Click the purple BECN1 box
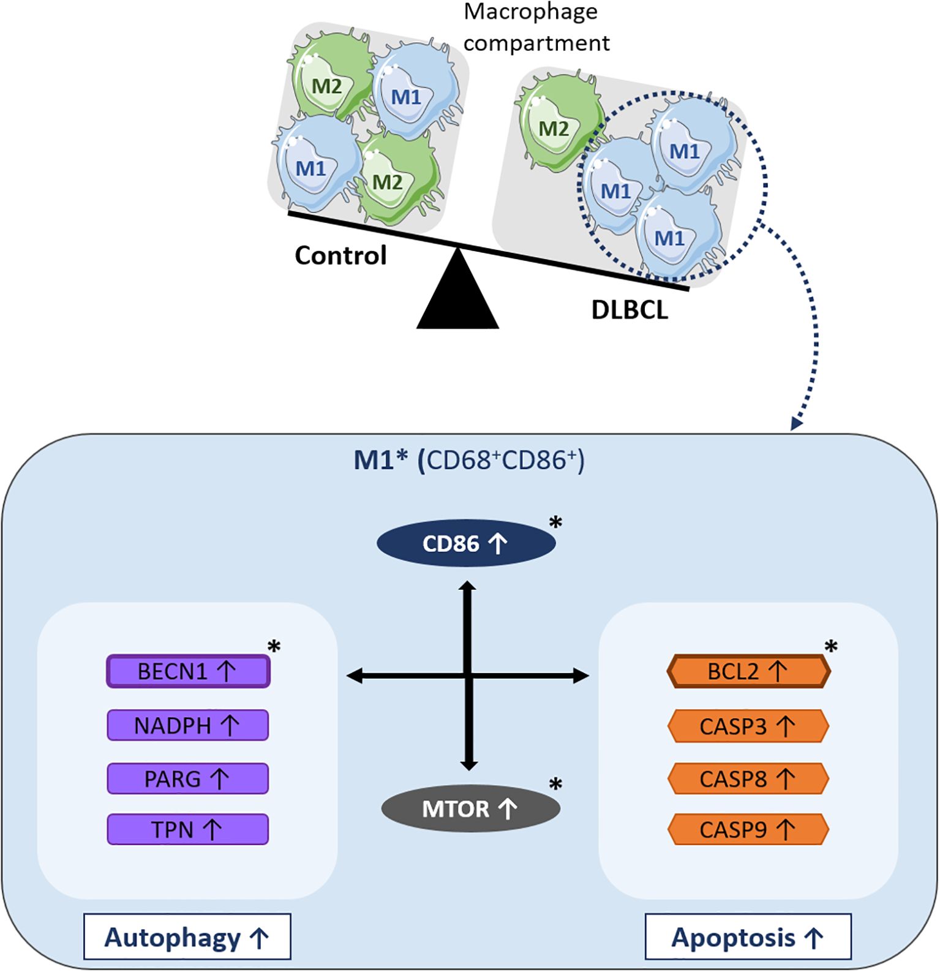(188, 671)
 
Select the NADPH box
(188, 725)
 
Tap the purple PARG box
(188, 778)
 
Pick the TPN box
(188, 829)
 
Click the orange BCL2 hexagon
(748, 671)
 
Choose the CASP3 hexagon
(748, 726)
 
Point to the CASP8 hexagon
(748, 778)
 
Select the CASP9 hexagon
(748, 829)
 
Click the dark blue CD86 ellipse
(465, 543)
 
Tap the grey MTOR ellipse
(470, 808)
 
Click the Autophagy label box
(187, 937)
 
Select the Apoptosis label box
(748, 937)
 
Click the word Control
(340, 255)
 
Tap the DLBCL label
(630, 310)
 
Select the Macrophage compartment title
(536, 28)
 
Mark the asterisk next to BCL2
(831, 647)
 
